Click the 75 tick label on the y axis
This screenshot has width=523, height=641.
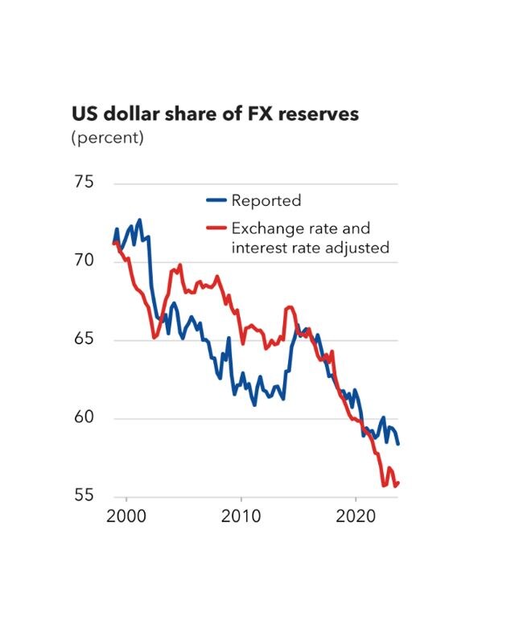(84, 183)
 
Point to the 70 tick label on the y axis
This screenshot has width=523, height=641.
(84, 261)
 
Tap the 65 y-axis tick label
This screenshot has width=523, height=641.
(84, 339)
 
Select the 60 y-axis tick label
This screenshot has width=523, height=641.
(84, 418)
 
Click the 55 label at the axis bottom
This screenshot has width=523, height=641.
(84, 496)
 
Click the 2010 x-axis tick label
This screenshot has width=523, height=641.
(241, 516)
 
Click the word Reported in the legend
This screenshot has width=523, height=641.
(266, 201)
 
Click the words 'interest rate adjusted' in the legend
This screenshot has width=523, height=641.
(310, 248)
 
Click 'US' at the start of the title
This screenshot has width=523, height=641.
(84, 114)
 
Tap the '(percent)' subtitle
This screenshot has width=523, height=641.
(108, 138)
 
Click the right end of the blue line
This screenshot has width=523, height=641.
(398, 444)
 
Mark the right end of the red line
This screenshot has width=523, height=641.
(398, 482)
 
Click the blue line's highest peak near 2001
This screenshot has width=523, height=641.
(139, 220)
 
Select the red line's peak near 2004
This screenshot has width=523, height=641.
(179, 265)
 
